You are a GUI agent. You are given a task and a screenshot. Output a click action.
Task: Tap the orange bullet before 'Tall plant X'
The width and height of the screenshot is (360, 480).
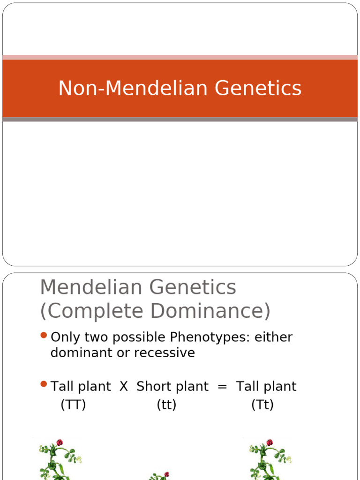(x=44, y=384)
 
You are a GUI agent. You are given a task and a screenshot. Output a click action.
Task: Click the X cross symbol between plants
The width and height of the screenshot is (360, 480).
(x=124, y=387)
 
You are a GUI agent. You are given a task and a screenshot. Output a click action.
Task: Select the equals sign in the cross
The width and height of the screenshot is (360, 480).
(x=223, y=387)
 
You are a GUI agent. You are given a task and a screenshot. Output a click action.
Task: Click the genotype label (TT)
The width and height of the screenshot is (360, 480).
(x=73, y=405)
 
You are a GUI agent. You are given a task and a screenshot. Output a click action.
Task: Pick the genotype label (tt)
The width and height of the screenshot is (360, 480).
(x=166, y=405)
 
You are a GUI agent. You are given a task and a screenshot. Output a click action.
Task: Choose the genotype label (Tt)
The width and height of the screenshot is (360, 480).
(x=262, y=405)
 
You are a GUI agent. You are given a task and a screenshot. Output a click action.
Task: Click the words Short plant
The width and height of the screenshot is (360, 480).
(x=172, y=387)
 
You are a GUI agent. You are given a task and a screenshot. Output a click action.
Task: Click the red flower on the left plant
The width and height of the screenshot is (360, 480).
(x=60, y=442)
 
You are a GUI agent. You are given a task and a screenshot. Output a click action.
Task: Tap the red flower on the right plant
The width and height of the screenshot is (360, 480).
(x=270, y=442)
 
